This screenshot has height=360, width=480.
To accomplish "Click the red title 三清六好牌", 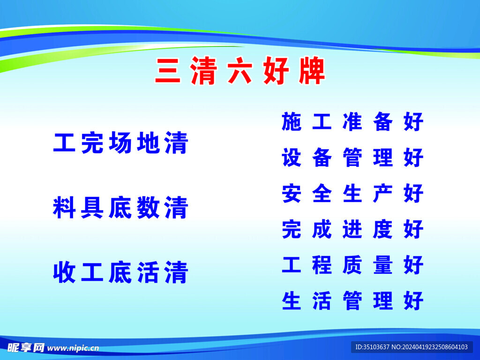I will (x=240, y=72).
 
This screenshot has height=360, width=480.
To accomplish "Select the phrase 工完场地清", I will (x=120, y=143).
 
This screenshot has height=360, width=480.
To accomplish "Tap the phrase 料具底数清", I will (x=120, y=208).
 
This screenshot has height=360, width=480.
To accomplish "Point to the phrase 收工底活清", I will (x=120, y=273).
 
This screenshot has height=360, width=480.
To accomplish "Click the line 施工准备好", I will (x=352, y=122).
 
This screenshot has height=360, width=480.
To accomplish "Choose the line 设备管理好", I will (x=352, y=157).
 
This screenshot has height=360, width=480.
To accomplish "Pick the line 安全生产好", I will (x=352, y=194).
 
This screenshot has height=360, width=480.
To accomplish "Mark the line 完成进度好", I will (x=352, y=229).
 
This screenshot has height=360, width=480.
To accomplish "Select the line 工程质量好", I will (x=352, y=265).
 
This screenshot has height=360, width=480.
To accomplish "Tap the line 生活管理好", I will (x=352, y=301).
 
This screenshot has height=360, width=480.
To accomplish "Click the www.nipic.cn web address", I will (x=74, y=348).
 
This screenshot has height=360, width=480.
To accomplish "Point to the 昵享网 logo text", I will (x=26, y=347).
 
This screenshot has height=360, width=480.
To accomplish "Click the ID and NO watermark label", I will (x=412, y=347).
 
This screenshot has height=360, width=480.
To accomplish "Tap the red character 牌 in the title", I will (x=312, y=72).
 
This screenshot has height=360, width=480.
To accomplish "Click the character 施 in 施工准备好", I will (x=292, y=122).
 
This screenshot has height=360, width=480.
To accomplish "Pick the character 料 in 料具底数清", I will (x=64, y=208).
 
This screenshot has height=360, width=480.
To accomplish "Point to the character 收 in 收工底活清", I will (x=64, y=273).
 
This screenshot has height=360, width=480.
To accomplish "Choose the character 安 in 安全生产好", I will (x=292, y=194).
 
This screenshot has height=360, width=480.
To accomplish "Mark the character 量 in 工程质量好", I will (x=383, y=265).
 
